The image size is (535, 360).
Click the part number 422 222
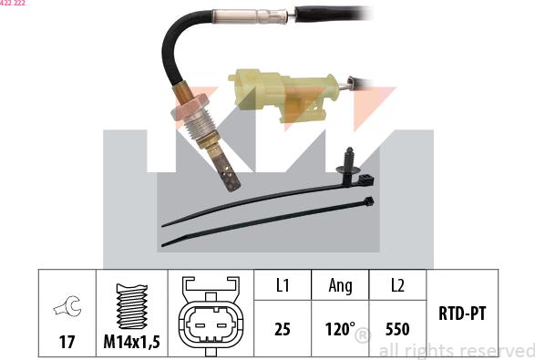(x=14, y=4)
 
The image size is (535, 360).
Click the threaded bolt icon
(x=133, y=302)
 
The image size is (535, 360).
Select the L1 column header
(x=283, y=285)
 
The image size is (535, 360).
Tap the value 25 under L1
(x=283, y=328)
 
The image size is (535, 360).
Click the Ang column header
(x=340, y=285)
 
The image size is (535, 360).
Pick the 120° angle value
(x=339, y=328)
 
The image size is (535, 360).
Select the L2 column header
(x=397, y=285)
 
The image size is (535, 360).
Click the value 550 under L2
(x=397, y=328)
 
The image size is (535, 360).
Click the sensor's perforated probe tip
(x=229, y=175)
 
